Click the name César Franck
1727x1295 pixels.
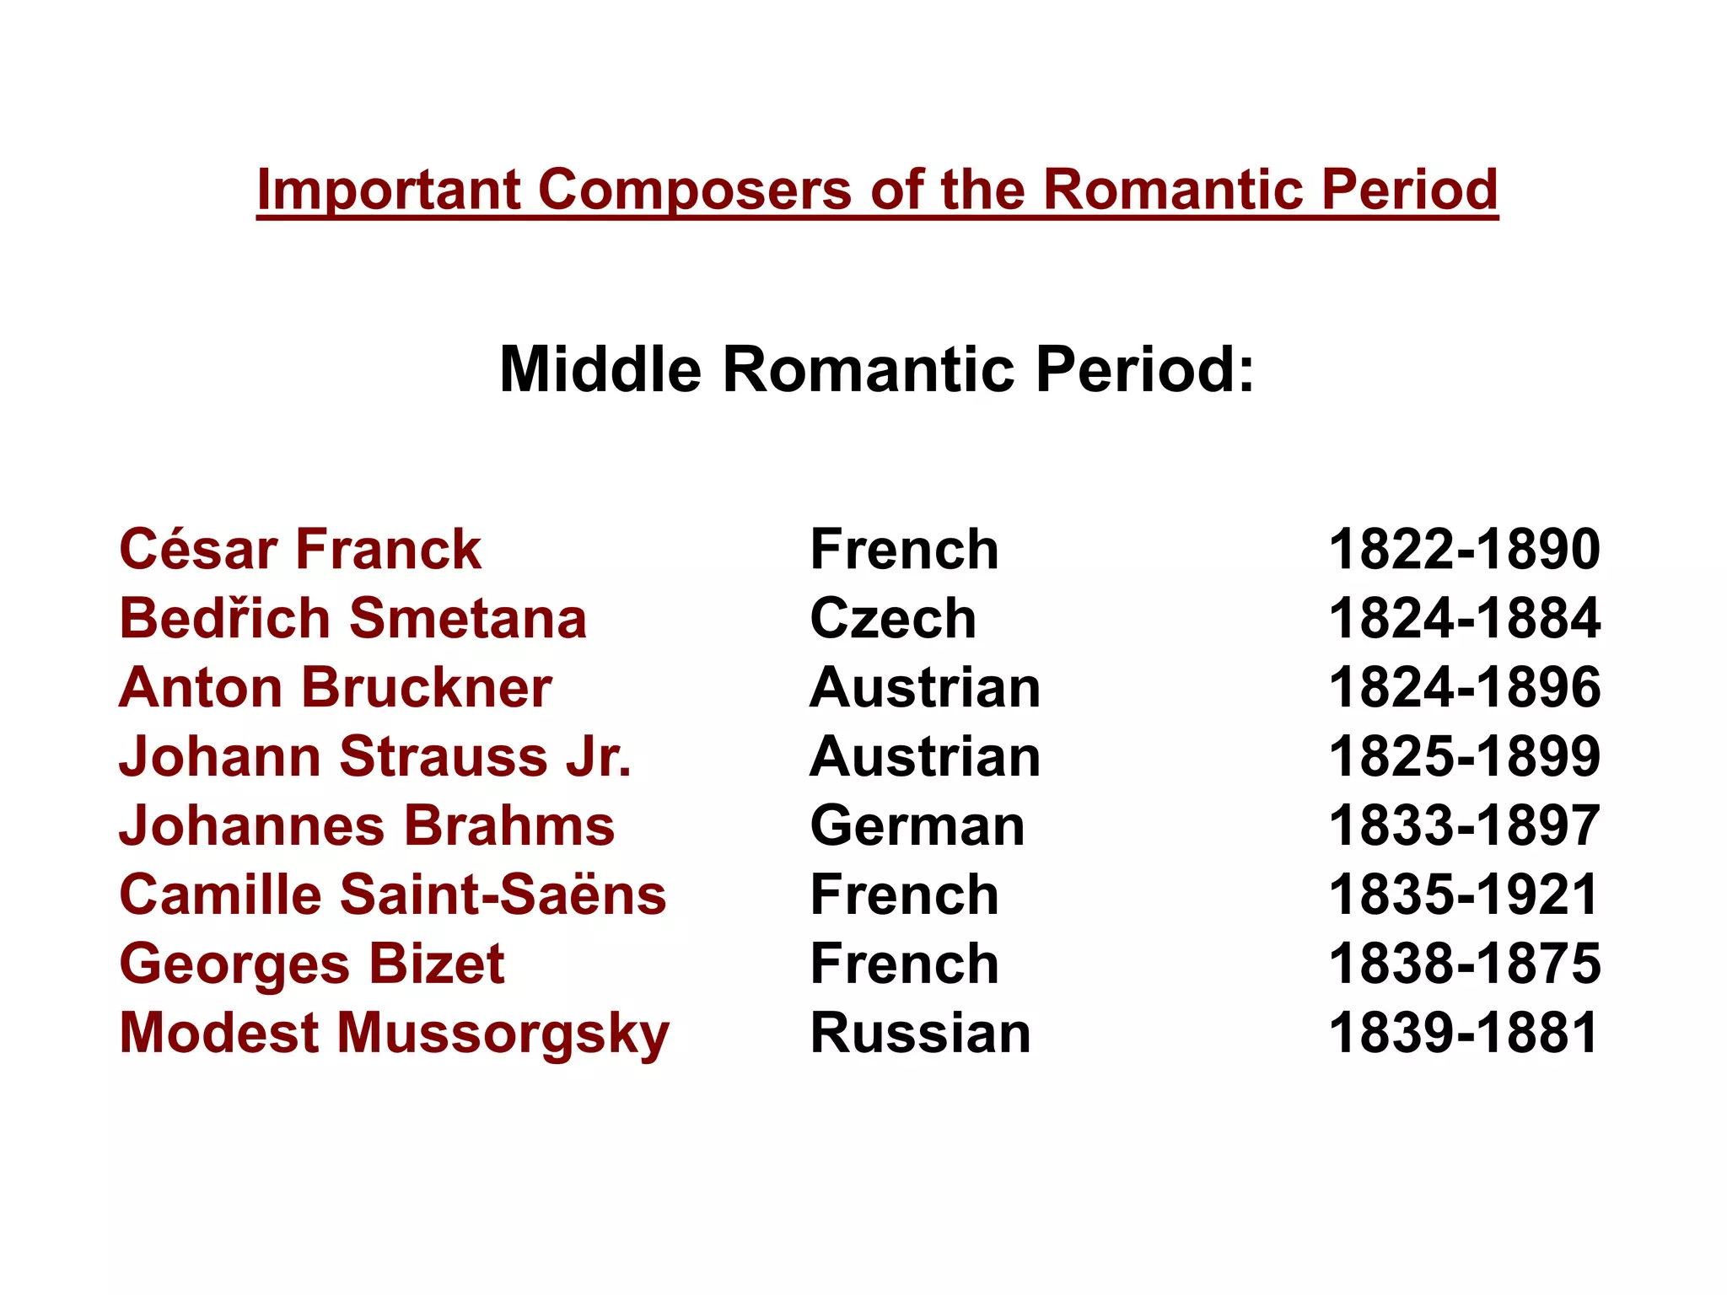tap(300, 550)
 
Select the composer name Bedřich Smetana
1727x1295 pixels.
tap(352, 619)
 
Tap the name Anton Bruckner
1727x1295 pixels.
tap(336, 688)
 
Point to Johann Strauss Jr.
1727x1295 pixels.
tap(375, 756)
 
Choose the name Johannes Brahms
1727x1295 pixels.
tap(367, 825)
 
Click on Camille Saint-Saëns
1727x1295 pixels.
tap(393, 895)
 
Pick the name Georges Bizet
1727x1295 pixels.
tap(312, 964)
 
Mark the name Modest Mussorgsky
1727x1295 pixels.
tap(394, 1034)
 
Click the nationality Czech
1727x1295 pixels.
tap(893, 619)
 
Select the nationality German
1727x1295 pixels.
tap(917, 825)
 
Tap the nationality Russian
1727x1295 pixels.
tap(920, 1034)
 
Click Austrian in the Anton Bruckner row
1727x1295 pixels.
tap(925, 688)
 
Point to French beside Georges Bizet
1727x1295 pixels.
tap(904, 964)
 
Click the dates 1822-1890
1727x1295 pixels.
tap(1464, 550)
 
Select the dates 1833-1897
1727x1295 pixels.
tap(1464, 825)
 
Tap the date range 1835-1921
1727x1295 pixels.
tap(1464, 895)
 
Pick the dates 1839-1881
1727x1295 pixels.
tap(1464, 1034)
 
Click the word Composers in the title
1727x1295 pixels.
tap(695, 190)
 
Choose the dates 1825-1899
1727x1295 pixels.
tap(1464, 756)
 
